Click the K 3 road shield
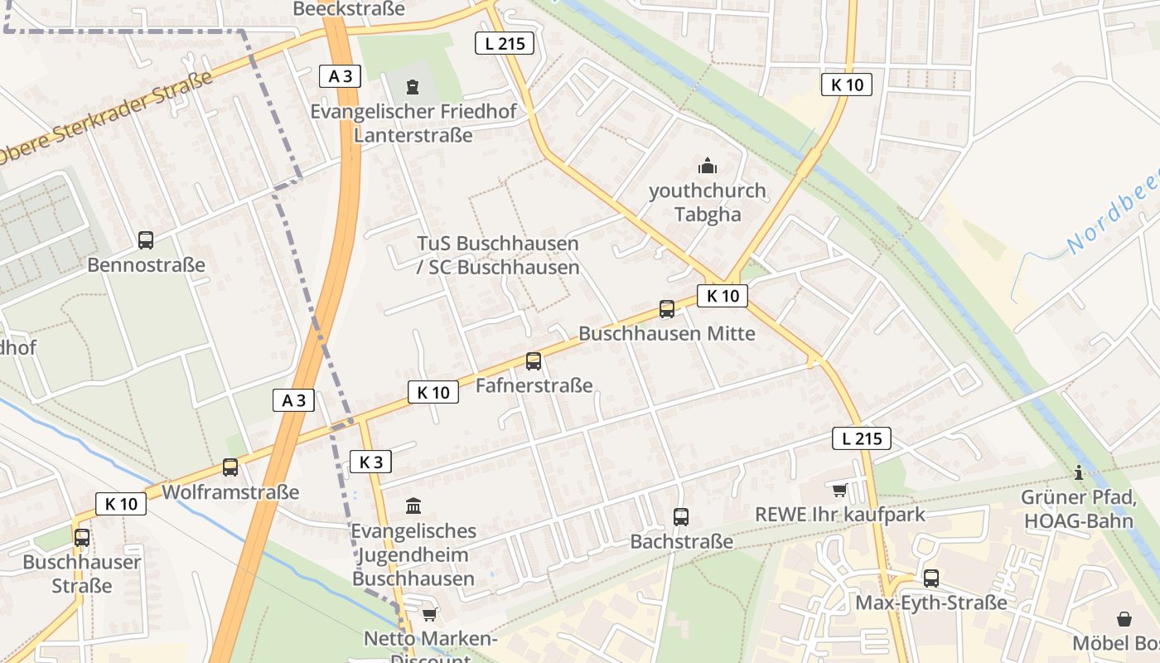(370, 462)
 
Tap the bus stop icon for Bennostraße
(146, 240)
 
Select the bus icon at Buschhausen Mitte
(667, 309)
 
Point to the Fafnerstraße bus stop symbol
(534, 361)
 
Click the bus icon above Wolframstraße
(230, 467)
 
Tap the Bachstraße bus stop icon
(681, 517)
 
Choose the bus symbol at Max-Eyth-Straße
(931, 578)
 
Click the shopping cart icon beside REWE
(839, 491)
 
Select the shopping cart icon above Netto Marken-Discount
(429, 614)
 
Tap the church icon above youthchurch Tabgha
(707, 166)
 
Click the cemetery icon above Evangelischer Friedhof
(413, 86)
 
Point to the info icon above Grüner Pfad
(1079, 473)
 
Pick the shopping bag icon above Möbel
(1124, 619)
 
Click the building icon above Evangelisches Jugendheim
(413, 506)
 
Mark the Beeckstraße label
(349, 9)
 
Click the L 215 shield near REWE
(862, 438)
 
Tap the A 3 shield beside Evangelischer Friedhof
(340, 76)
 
